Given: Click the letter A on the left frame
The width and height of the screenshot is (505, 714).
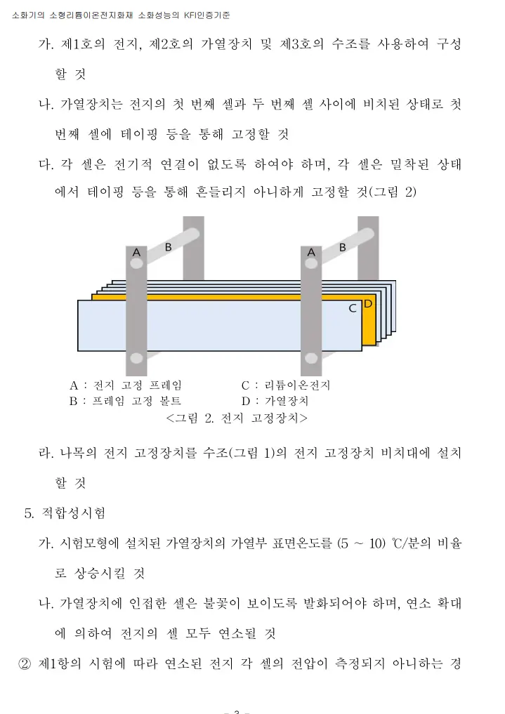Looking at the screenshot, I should pos(136,251).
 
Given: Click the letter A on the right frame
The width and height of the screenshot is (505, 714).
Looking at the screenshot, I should pos(310,251).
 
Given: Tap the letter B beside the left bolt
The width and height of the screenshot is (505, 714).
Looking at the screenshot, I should pos(169,246).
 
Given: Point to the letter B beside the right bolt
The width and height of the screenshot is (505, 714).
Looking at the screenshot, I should pos(343,246).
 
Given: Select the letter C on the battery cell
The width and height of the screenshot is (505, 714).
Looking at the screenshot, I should pos(353,308).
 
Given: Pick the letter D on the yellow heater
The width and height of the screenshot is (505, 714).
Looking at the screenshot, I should pos(368,303).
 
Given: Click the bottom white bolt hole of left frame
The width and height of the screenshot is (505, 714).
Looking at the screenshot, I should pos(136,359).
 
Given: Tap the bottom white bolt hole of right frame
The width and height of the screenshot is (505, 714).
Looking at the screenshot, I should pos(310,359).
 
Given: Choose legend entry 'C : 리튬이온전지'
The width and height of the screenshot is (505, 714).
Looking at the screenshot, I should pos(286,385).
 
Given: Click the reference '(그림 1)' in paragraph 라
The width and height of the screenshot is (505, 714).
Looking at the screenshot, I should pos(259,453).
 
